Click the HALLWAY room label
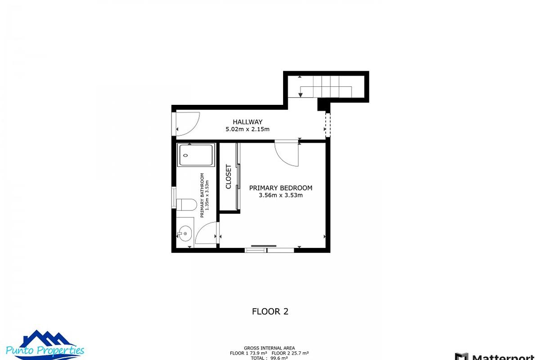click(x=247, y=122)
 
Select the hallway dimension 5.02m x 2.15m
click(x=247, y=130)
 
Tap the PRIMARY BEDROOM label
click(x=280, y=188)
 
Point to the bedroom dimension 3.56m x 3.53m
click(x=280, y=195)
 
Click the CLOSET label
click(x=228, y=177)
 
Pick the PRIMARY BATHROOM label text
click(x=202, y=195)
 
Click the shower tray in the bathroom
click(x=196, y=155)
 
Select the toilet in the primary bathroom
click(x=185, y=205)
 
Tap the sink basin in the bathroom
click(x=184, y=234)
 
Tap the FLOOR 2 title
click(x=270, y=311)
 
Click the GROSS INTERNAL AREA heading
click(x=270, y=348)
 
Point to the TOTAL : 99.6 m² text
click(x=270, y=358)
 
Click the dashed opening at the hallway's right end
click(x=328, y=125)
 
